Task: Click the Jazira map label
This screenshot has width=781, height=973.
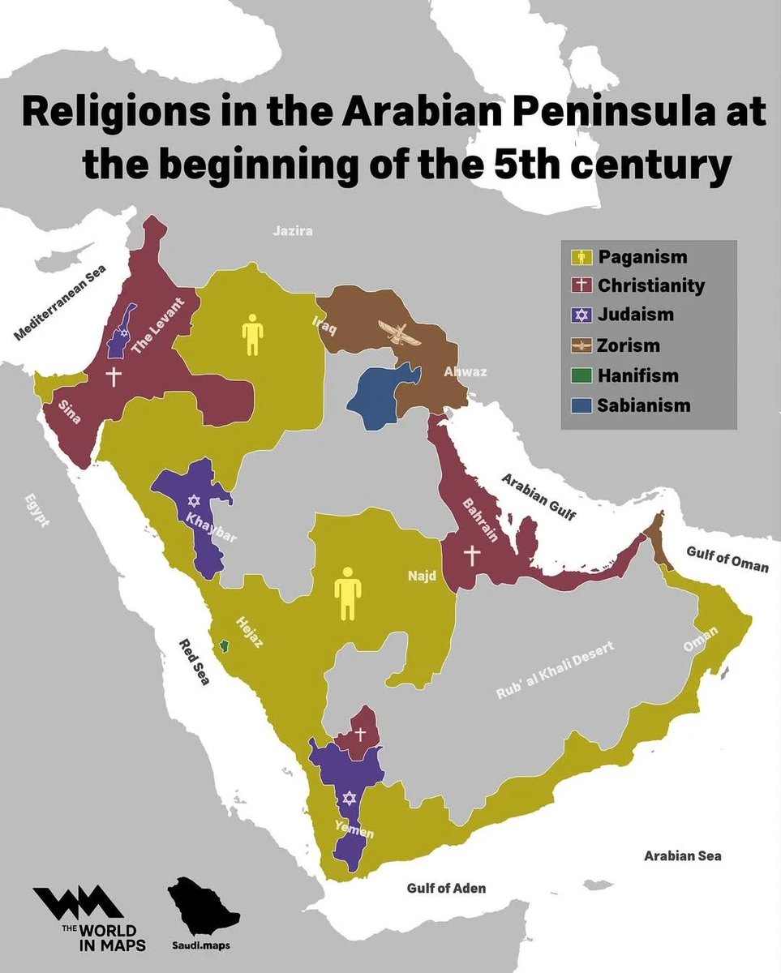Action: click(x=293, y=231)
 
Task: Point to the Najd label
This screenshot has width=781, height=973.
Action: click(x=422, y=576)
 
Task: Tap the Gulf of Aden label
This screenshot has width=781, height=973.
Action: click(x=446, y=888)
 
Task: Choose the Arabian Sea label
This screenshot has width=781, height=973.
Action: click(x=682, y=855)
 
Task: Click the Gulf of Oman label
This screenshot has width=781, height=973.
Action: click(x=727, y=559)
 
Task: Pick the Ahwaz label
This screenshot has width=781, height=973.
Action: click(x=464, y=372)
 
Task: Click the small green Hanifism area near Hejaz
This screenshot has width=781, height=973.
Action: click(x=225, y=645)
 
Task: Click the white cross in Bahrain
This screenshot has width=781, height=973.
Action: click(x=472, y=555)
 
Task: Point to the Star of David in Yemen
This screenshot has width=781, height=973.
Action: click(x=349, y=799)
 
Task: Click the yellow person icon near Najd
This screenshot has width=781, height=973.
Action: click(x=348, y=593)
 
